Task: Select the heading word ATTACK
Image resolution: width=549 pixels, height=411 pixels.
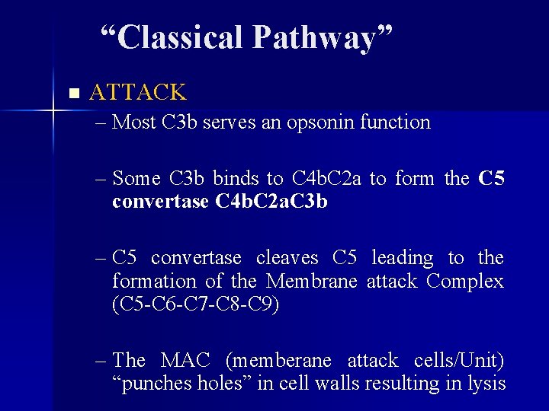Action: [x=137, y=93]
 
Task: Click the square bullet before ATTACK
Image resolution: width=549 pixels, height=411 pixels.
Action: [x=73, y=94]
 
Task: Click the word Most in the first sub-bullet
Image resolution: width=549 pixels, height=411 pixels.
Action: [x=134, y=122]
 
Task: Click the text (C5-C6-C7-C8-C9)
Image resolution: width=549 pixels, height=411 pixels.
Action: [x=195, y=304]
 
